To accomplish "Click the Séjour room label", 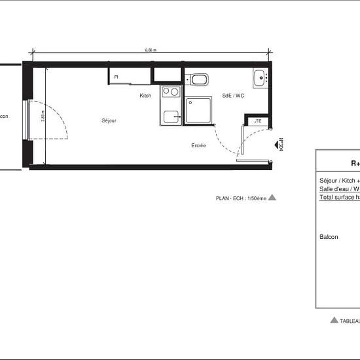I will click(109, 120).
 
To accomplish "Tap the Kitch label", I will click(145, 96).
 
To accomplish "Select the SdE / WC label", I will click(233, 96).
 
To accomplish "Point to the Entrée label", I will click(199, 145).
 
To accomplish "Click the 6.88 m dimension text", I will click(151, 50).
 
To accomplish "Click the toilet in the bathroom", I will click(200, 81).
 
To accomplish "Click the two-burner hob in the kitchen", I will click(170, 93).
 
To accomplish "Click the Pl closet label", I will click(116, 77).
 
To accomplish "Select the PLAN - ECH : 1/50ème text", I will click(241, 197).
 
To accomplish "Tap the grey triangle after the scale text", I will click(272, 196).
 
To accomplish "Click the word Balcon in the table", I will click(329, 237).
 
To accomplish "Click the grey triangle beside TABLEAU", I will click(334, 320).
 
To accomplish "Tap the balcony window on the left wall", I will click(27, 120).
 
